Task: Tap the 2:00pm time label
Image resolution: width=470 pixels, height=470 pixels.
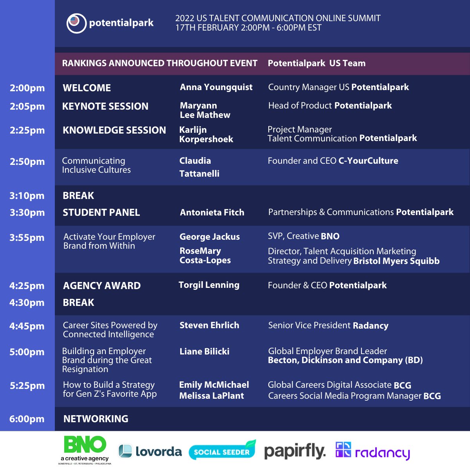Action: [x=27, y=88]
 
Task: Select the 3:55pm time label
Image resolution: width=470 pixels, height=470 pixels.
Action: [x=27, y=238]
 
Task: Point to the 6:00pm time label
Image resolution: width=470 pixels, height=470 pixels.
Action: [x=27, y=419]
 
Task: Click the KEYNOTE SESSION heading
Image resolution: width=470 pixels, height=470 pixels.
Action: [x=105, y=106]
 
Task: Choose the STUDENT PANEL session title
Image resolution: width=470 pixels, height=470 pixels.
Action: [x=101, y=213]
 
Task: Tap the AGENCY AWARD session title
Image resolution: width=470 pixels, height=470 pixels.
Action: [x=102, y=286]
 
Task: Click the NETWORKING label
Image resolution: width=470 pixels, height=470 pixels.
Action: [x=96, y=419]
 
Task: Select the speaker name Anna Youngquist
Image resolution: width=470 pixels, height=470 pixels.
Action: [x=216, y=87]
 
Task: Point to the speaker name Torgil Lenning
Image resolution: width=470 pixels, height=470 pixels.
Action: [x=209, y=285]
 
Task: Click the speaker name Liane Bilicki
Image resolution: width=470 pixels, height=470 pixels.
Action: [x=204, y=352]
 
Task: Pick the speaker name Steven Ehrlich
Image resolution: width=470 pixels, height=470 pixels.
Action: [x=209, y=325]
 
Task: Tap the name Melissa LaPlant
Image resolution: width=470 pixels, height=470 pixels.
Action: [x=211, y=396]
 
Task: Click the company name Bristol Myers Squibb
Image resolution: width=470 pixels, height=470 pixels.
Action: [x=396, y=261]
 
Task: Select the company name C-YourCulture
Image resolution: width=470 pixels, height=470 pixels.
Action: [x=368, y=161]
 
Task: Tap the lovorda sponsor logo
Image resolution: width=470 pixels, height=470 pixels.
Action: [x=150, y=452]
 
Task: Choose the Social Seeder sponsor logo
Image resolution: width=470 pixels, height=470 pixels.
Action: [x=222, y=450]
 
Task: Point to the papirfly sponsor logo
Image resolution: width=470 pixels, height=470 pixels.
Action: [x=295, y=452]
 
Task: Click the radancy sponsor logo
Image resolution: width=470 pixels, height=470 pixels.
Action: [x=373, y=452]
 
